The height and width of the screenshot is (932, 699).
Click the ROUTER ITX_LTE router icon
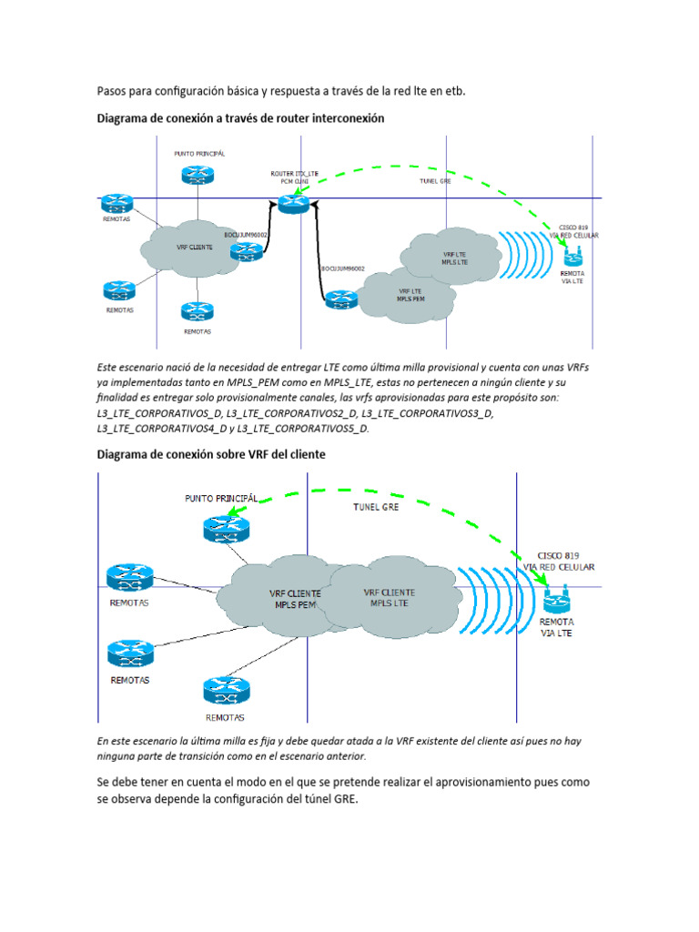point(294,205)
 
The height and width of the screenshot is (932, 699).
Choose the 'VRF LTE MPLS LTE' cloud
point(455,258)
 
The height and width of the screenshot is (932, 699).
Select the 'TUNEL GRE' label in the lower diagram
point(377,506)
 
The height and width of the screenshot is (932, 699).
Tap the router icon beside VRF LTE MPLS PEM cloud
point(341,298)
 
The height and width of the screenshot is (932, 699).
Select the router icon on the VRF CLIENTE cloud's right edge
point(246,251)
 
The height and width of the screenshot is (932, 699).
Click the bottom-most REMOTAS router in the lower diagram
point(223,689)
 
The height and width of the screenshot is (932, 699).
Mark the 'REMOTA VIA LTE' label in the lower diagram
point(556,628)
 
